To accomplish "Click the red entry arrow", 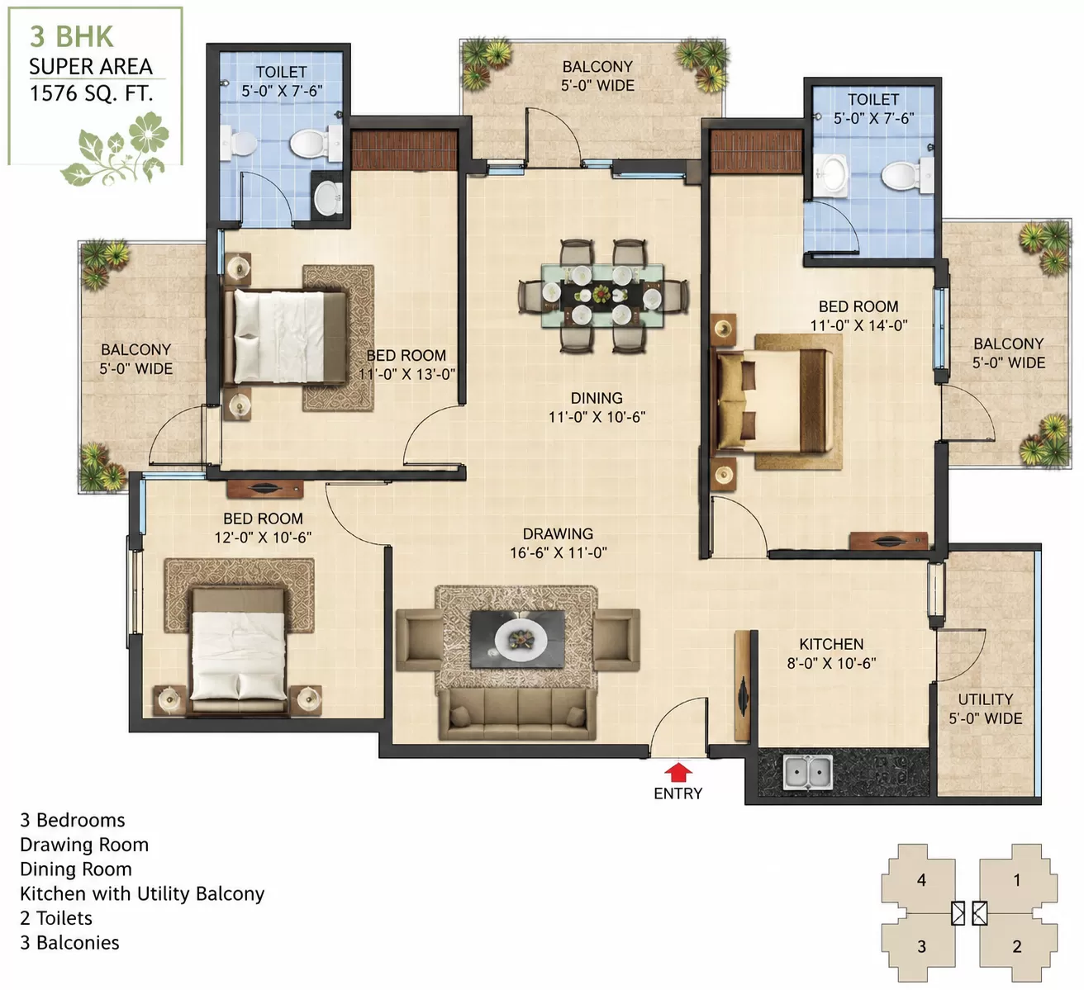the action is [677, 772].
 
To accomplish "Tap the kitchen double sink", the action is [808, 773].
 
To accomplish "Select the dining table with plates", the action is [602, 296].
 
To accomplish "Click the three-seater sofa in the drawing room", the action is [518, 714].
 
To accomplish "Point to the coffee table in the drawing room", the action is [517, 639].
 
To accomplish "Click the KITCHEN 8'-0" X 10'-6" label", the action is [831, 653].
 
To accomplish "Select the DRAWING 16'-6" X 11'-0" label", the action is [559, 543].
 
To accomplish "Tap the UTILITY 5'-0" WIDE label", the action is [985, 709].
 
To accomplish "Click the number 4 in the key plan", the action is [921, 880].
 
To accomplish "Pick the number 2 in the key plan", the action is [1016, 946].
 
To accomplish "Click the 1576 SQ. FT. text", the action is [92, 93].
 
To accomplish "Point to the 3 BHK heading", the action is [71, 36].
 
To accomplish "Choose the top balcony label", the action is [597, 76].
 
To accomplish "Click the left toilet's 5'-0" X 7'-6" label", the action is [282, 91].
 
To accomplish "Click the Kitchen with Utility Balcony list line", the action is [142, 894].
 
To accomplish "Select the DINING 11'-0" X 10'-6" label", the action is [597, 407].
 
